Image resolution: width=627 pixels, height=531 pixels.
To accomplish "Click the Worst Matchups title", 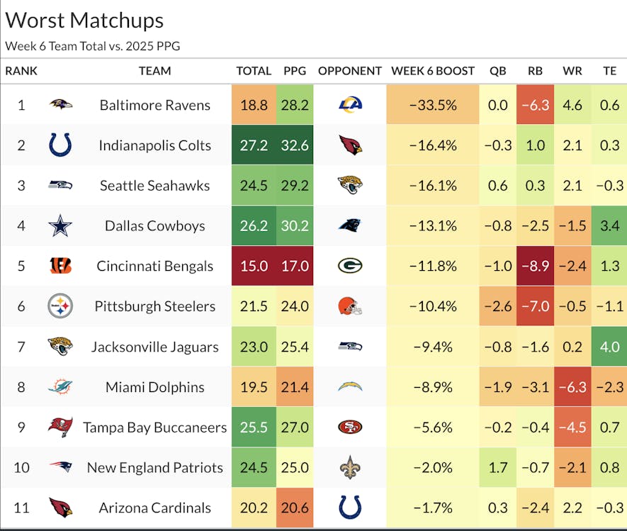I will (84, 20).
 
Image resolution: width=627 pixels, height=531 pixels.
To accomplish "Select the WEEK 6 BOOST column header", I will (432, 71).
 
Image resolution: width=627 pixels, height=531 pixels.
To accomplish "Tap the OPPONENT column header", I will (350, 71).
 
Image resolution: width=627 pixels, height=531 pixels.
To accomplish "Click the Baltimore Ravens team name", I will (154, 105).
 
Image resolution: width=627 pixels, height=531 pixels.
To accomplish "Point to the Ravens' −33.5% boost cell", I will (432, 105).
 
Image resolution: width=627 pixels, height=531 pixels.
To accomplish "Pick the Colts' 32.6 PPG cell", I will (295, 145).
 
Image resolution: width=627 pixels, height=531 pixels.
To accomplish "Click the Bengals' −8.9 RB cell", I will (535, 266).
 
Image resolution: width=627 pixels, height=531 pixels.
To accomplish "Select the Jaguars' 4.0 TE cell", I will (609, 347).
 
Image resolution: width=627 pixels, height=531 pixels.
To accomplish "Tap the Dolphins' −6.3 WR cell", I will (572, 387).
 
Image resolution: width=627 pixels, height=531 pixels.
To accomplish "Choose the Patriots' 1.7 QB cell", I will (498, 467).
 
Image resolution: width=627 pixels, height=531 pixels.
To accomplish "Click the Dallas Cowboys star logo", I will (60, 226).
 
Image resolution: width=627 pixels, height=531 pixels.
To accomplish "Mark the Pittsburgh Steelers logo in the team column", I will (60, 306).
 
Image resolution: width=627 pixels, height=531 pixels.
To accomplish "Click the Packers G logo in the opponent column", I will (350, 266).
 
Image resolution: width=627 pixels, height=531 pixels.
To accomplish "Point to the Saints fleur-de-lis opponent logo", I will (350, 467).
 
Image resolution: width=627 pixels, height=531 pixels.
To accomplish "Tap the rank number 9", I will (21, 427).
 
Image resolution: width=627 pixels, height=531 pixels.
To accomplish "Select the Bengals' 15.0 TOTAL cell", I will (254, 266).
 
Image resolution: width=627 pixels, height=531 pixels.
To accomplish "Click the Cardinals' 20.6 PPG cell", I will (295, 508).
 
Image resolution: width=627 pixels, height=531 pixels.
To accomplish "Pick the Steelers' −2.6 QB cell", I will (498, 306).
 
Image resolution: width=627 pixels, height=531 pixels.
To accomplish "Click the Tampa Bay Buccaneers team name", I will (154, 427).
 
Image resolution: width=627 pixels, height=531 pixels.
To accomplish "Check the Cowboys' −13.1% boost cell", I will (432, 226).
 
